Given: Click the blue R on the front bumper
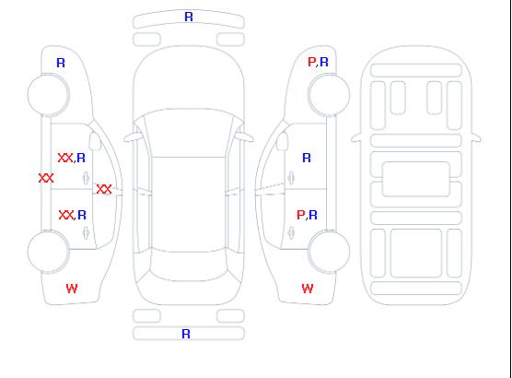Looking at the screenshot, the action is click(x=189, y=17).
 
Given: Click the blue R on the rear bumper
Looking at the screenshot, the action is click(x=186, y=334).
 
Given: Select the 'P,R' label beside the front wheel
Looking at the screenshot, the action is click(x=318, y=62).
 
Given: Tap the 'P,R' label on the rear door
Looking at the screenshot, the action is click(x=307, y=215).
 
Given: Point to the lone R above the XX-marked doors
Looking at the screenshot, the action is click(x=61, y=63).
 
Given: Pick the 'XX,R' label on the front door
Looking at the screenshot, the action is click(x=72, y=158).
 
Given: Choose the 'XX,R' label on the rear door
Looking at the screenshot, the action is click(x=73, y=215).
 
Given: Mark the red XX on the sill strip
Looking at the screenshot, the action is click(x=46, y=178).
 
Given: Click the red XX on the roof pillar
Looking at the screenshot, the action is click(x=104, y=189).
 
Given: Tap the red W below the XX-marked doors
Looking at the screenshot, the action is click(x=72, y=289).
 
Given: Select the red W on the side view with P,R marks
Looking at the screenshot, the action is click(x=308, y=289).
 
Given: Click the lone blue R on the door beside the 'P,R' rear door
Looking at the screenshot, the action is click(x=307, y=158).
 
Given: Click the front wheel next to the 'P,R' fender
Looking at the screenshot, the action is click(x=329, y=95).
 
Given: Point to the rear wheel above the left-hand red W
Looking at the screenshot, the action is click(x=48, y=252).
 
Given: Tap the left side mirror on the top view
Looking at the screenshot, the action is click(x=132, y=137).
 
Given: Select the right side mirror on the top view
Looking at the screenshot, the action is click(x=245, y=137).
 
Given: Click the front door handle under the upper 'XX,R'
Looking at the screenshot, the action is click(x=86, y=178).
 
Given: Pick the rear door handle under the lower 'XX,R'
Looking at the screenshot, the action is click(x=86, y=232).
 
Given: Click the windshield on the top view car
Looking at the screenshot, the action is click(x=189, y=133).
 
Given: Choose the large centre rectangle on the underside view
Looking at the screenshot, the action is click(x=416, y=179).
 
